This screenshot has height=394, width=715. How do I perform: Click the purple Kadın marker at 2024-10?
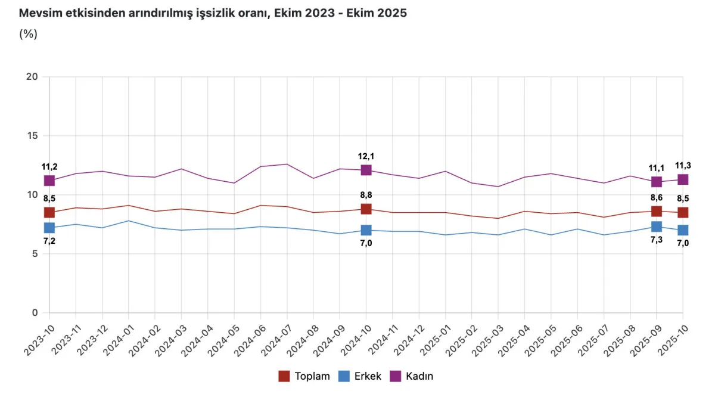(x=366, y=170)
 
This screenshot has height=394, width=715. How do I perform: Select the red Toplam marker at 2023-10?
(x=49, y=212)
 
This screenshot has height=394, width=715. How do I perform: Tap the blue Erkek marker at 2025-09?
(x=657, y=227)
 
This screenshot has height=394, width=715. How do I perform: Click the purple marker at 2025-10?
(x=683, y=179)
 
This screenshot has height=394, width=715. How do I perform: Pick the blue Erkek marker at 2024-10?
(x=366, y=230)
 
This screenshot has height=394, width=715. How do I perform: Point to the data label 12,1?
(x=366, y=156)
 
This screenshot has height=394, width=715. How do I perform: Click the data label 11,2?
(x=49, y=167)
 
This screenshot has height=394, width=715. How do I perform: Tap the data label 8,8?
(x=366, y=194)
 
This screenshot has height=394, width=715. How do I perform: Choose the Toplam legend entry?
(x=304, y=376)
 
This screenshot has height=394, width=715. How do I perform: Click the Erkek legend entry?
(x=359, y=376)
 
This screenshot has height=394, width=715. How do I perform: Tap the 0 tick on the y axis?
(x=34, y=313)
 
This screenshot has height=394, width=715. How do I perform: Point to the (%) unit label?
(x=28, y=34)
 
